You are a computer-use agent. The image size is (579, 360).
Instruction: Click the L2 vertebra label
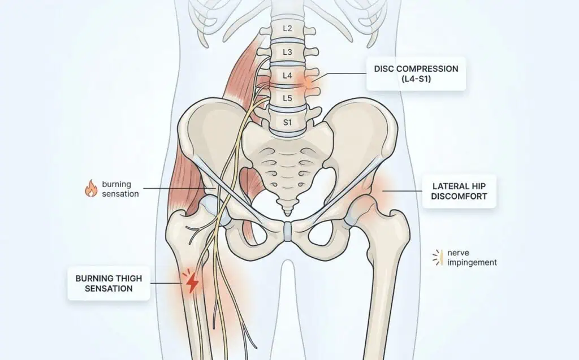click(287, 28)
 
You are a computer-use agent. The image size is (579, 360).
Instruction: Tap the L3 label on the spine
click(287, 52)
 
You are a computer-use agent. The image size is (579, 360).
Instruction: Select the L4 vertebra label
click(287, 76)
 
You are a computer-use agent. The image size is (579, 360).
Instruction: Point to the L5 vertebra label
click(287, 98)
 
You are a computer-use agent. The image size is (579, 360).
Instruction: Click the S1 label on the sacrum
click(287, 122)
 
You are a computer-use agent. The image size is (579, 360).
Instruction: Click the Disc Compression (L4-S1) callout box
click(416, 74)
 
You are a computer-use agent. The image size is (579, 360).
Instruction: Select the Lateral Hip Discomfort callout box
click(459, 191)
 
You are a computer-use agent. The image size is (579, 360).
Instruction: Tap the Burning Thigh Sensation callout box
click(109, 283)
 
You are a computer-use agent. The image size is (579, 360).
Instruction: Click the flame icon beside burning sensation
click(91, 188)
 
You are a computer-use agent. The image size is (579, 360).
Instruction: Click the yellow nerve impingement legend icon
click(438, 257)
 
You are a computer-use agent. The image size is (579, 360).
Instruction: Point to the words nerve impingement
click(472, 258)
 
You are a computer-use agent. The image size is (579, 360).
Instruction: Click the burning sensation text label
click(120, 189)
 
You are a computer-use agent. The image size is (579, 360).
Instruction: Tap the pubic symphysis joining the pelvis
click(288, 232)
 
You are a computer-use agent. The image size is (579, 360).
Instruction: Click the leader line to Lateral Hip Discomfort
click(402, 191)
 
